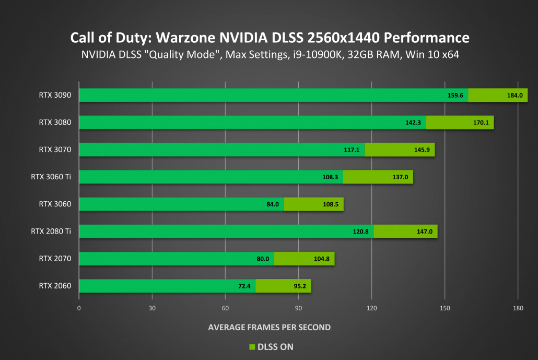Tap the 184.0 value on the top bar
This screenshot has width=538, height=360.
click(514, 96)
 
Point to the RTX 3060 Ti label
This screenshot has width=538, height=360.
click(51, 177)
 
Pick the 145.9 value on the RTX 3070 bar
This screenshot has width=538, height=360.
click(421, 150)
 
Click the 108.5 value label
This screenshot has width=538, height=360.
click(331, 204)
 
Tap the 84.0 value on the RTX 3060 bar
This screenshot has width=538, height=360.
click(273, 204)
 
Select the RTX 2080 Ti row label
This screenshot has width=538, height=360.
click(51, 231)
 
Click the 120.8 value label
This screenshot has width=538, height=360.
click(361, 231)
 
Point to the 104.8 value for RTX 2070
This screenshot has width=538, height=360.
click(321, 259)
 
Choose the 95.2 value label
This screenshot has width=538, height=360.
click(298, 286)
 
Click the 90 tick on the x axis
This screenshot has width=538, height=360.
click(298, 308)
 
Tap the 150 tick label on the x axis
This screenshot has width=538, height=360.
click(445, 308)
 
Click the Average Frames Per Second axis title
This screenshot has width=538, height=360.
click(269, 327)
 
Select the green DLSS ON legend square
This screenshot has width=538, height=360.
click(251, 346)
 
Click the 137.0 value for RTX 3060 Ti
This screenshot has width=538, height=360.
click(400, 177)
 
